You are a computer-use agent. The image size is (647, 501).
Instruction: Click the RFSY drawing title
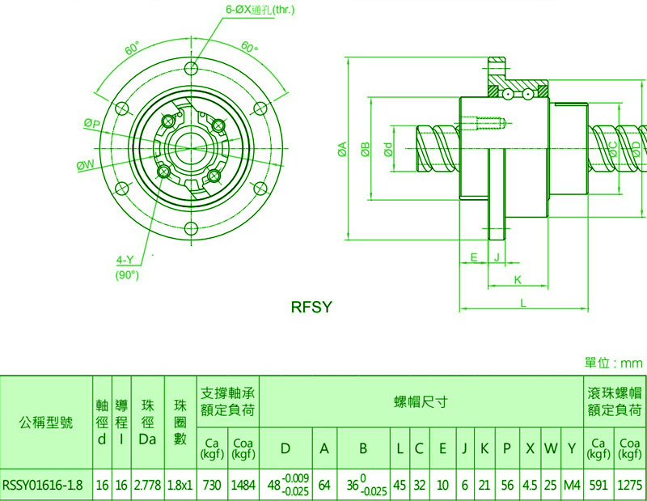(x=311, y=308)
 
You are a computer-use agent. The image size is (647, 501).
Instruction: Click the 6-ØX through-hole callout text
(x=260, y=10)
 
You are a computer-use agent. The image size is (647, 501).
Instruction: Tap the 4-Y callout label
(x=125, y=260)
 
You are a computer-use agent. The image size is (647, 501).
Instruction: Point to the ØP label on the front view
(x=92, y=123)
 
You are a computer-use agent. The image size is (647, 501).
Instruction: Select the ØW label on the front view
(x=86, y=165)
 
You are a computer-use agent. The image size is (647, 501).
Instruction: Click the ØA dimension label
(x=342, y=149)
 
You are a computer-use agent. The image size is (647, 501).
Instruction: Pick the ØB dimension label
(x=366, y=149)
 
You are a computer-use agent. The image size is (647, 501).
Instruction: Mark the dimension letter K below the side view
(x=518, y=280)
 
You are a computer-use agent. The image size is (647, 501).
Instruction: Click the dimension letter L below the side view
(x=523, y=304)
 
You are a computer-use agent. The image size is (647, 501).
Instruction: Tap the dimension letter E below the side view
(x=474, y=257)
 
